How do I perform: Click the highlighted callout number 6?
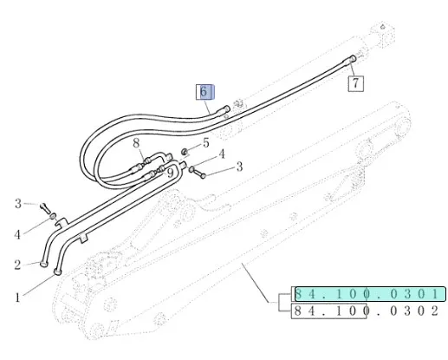[204, 92]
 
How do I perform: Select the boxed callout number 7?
[355, 83]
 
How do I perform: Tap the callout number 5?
[205, 142]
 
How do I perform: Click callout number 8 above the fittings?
[136, 143]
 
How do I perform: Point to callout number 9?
[171, 173]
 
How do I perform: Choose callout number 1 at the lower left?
[18, 298]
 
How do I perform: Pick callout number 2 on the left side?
[17, 265]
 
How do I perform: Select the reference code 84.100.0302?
[367, 311]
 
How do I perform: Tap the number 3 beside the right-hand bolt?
[239, 167]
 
